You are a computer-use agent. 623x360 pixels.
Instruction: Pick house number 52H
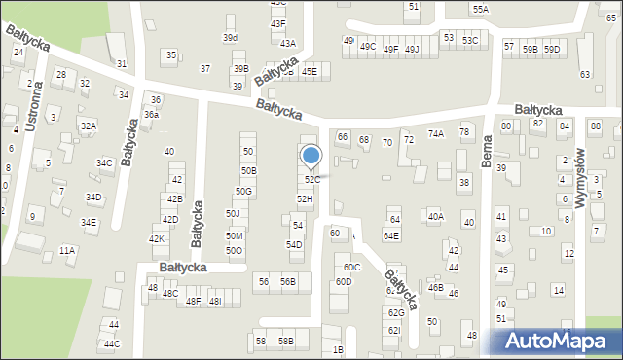tap(305, 198)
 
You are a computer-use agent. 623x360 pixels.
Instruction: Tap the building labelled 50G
tap(243, 191)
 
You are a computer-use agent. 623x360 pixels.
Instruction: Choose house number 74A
tap(435, 134)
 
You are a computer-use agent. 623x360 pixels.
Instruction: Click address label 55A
tap(481, 9)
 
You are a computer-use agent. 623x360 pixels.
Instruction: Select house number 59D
tap(552, 49)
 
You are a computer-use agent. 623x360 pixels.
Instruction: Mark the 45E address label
tap(309, 71)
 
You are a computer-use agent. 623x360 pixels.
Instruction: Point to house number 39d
tap(230, 38)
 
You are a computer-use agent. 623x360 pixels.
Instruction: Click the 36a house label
tap(151, 115)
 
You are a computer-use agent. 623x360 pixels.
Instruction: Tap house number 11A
tap(67, 251)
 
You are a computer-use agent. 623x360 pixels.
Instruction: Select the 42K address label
tap(156, 239)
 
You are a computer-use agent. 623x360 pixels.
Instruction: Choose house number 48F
tap(193, 302)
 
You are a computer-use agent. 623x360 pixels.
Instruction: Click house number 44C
tap(112, 343)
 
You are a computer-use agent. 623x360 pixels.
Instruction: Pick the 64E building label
tap(390, 235)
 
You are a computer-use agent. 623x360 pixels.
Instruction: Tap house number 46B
tap(435, 288)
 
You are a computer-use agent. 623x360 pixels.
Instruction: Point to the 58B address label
tap(285, 342)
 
